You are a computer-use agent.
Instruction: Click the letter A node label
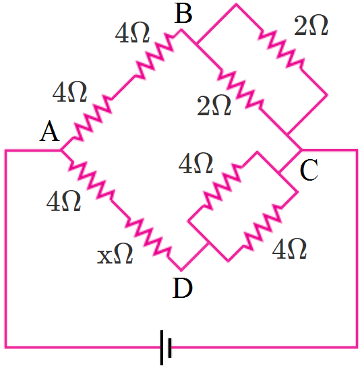coord(49,131)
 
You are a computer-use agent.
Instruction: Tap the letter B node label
coord(183,13)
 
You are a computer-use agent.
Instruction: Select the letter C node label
coord(309,170)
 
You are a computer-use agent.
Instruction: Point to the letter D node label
coord(182,288)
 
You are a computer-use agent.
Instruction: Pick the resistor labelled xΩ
coord(148,238)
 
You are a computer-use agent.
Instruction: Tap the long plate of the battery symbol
coord(162,347)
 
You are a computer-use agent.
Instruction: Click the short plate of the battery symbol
coord(170,347)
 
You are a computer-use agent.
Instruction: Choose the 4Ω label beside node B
coord(132,33)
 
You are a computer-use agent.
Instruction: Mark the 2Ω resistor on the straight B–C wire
coord(241,90)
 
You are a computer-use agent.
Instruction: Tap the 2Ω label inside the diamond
coord(214,106)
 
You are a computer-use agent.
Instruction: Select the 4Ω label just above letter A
coord(69,92)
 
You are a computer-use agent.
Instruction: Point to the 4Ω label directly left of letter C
coord(196,163)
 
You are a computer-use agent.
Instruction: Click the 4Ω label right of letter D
coord(289,249)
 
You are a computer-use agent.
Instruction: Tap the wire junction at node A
coord(61,150)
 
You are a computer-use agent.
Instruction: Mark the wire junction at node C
coord(301,150)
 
